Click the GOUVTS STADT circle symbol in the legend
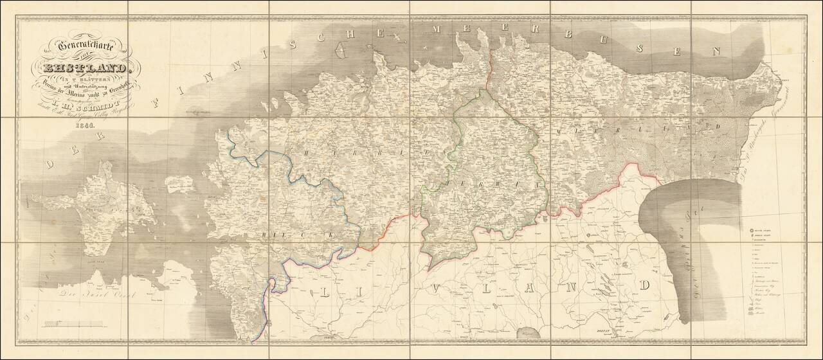[750, 229]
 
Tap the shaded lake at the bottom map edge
[528, 332]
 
